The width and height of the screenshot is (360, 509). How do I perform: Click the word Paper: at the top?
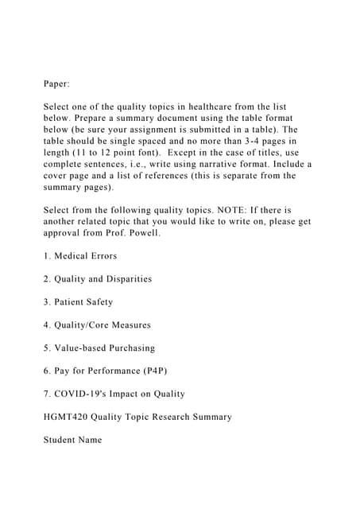click(56, 82)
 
